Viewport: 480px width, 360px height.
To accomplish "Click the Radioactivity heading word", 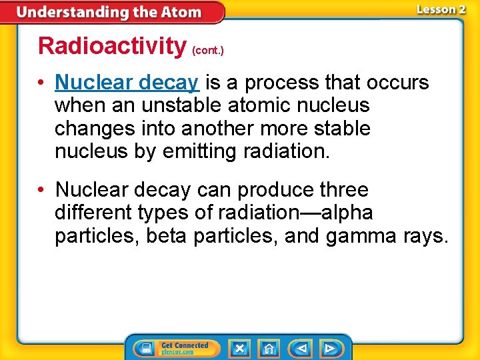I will click(x=112, y=46).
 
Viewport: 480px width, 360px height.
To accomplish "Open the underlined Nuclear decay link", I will click(x=127, y=83).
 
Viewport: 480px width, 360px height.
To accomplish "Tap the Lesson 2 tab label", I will click(x=441, y=9).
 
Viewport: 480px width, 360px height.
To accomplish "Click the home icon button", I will click(x=269, y=348).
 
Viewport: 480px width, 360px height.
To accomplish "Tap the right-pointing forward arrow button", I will click(x=330, y=348).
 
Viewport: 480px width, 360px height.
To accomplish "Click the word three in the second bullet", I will click(x=343, y=191).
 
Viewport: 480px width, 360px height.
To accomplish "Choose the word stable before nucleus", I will click(x=338, y=129).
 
